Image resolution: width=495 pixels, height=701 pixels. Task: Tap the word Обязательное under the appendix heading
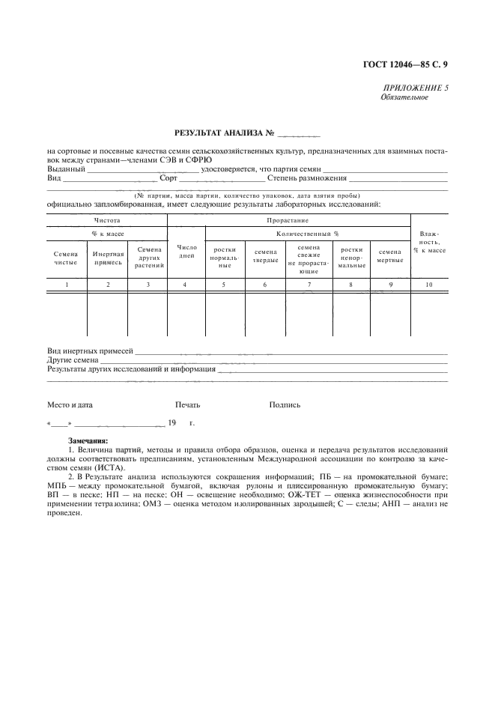coord(404,97)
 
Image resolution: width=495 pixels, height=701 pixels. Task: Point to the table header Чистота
coord(107,220)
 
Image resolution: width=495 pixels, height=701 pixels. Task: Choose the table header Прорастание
coord(288,220)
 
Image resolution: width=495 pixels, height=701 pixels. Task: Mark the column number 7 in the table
coord(309,285)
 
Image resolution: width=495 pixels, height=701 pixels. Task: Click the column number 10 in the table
coord(429,285)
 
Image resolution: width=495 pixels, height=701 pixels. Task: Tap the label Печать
coord(187,405)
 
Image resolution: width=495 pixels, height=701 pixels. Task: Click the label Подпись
coord(285,405)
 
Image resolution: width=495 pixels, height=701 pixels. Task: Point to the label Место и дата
coord(70,405)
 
